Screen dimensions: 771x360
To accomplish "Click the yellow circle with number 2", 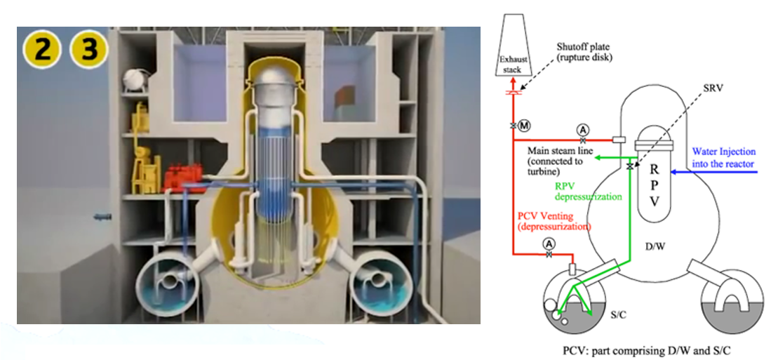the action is coord(42,50).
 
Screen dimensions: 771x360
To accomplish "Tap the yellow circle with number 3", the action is coord(89,50).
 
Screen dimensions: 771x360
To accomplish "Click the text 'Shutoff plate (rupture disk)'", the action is coord(584,53).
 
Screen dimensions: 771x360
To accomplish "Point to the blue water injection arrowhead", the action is coord(675,172).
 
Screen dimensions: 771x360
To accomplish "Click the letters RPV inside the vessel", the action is coord(653,185).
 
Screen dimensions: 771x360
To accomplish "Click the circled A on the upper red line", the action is coord(583,130).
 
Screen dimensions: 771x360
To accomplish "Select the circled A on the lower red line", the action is coord(549,243).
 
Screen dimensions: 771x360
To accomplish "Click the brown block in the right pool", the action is coord(345,97).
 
